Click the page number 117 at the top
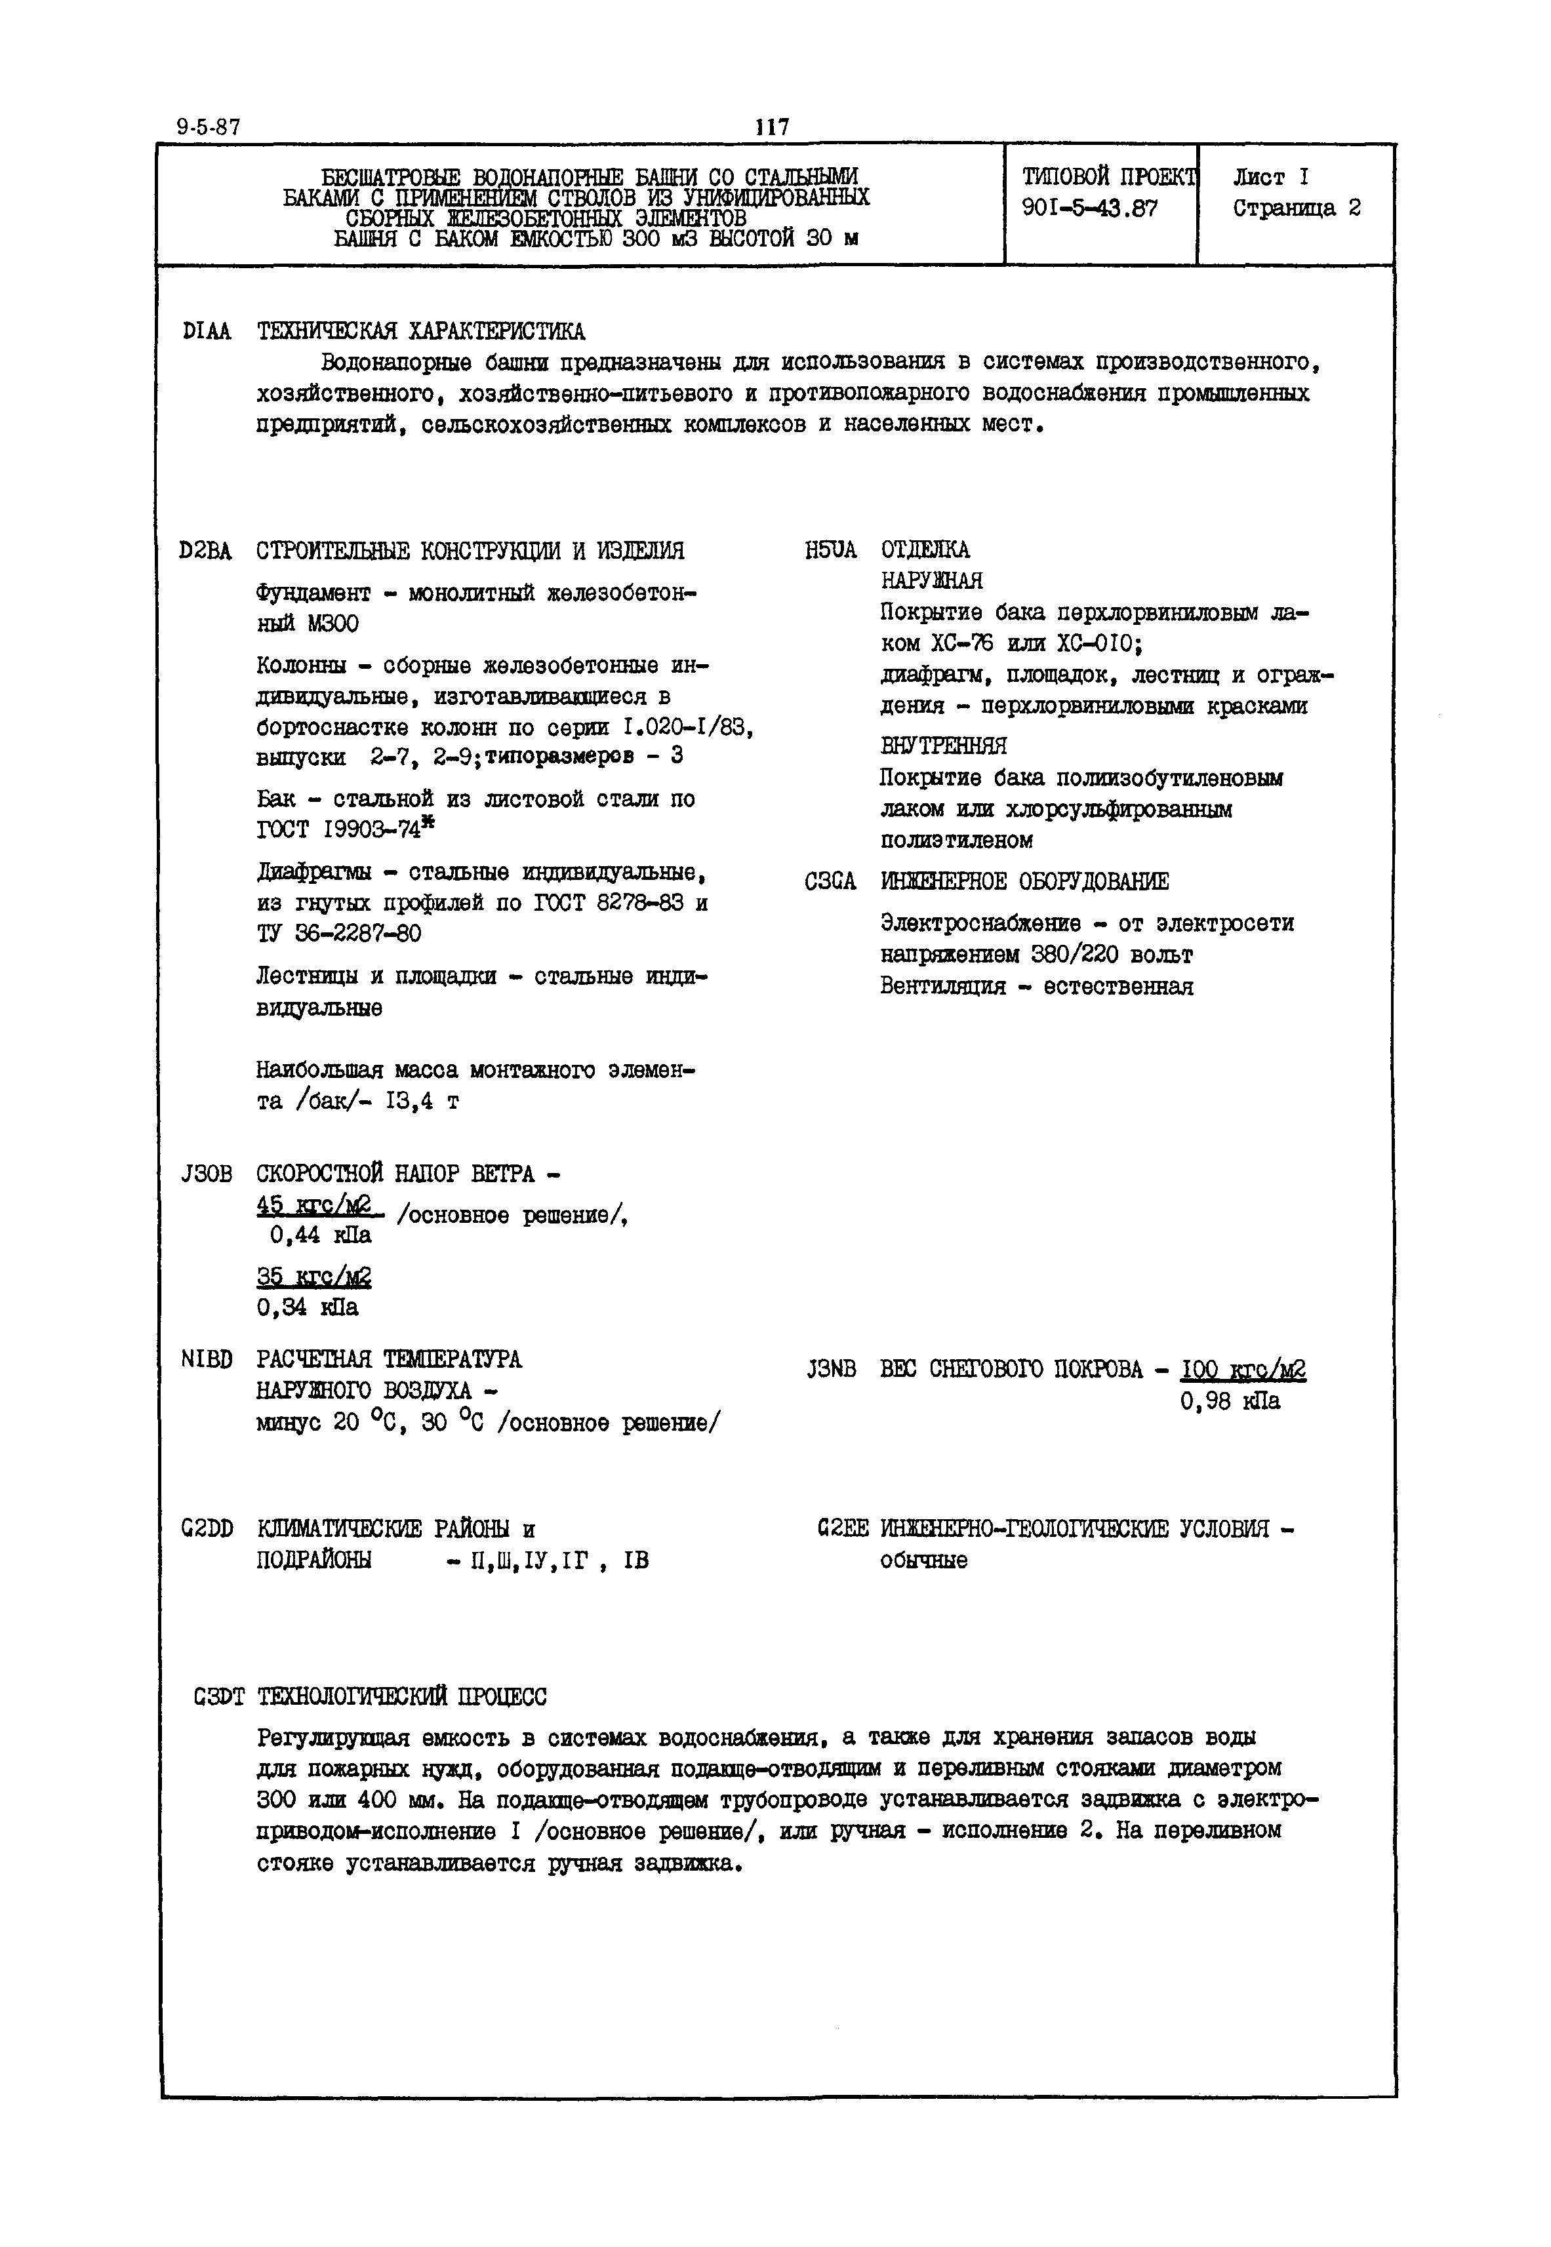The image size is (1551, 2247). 773,127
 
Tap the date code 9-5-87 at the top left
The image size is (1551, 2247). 209,127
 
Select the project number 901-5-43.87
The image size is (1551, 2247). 1089,208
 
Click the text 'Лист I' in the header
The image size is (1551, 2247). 1270,177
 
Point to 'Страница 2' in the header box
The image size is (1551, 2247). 1297,208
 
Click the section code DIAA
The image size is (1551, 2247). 206,332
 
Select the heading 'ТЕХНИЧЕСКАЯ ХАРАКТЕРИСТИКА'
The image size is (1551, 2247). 421,332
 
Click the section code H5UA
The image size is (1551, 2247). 831,551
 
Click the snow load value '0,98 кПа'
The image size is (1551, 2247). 1230,1401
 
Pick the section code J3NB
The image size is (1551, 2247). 831,1369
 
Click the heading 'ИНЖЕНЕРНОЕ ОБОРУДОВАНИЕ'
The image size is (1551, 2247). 1024,881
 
